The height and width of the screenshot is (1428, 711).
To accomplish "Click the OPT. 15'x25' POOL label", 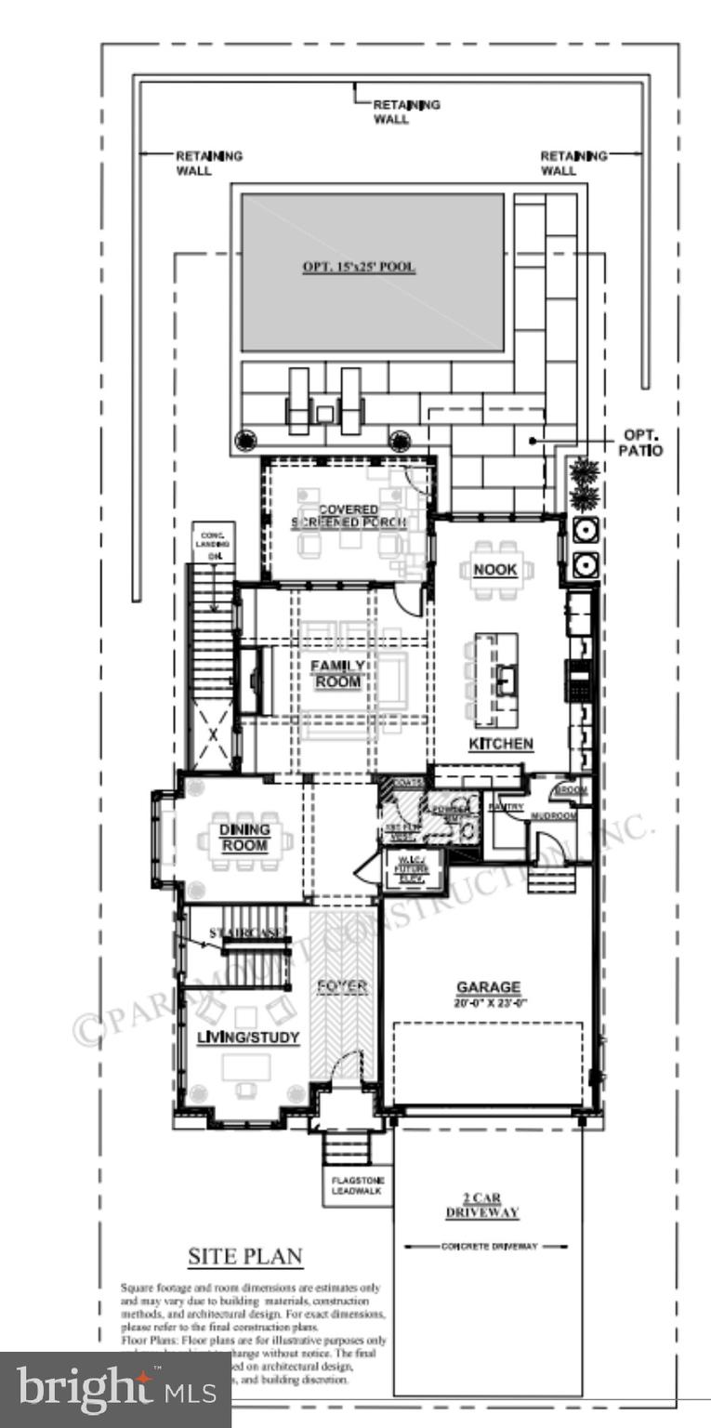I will [359, 267].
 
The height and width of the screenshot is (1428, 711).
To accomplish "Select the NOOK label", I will [494, 569].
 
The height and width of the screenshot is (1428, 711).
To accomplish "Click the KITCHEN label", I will [500, 744].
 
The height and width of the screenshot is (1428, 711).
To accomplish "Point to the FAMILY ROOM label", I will [336, 674].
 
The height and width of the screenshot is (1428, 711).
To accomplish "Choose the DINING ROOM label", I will [244, 837].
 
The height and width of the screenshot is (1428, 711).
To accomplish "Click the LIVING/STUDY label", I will [247, 1038].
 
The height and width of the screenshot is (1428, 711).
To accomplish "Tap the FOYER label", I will [343, 985].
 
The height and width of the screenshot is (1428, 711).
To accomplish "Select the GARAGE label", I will [488, 987].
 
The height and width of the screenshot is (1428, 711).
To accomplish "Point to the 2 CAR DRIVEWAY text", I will [489, 1206].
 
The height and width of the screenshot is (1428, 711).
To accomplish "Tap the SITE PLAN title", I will [245, 1257].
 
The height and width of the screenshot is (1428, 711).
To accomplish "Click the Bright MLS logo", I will [115, 1392].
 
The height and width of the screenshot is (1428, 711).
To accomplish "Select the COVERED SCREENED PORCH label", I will [336, 516].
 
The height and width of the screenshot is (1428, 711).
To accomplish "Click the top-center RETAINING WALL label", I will [406, 112].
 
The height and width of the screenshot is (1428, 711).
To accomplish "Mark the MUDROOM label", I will [554, 816].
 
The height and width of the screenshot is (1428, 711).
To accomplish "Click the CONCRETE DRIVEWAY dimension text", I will [489, 1246].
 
